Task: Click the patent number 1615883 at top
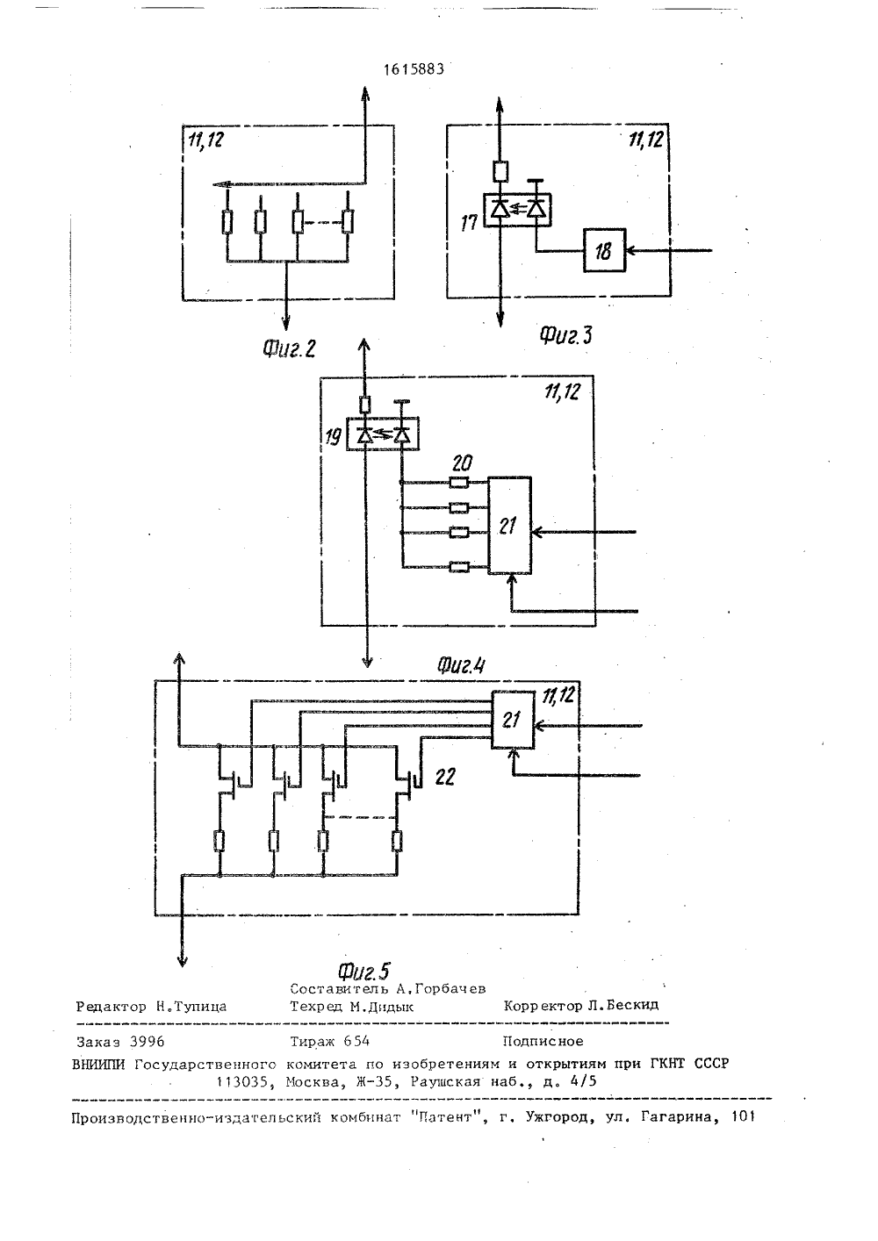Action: coord(414,69)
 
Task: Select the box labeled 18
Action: coord(604,250)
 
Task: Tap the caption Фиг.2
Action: coord(289,348)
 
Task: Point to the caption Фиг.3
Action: coord(565,335)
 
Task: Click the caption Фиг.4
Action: coord(461,665)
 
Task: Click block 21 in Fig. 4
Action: coord(509,525)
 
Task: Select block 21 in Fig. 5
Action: coord(513,720)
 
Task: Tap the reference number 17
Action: coord(469,223)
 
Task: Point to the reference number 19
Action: coord(333,438)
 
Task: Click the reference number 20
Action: coord(462,463)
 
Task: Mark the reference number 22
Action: coord(444,778)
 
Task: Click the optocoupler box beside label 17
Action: coord(517,210)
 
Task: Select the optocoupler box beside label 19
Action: coord(383,434)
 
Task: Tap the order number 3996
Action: coord(147,1042)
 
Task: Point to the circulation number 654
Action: coord(356,1041)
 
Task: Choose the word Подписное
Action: coord(543,1042)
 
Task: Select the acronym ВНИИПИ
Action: coord(98,1065)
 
